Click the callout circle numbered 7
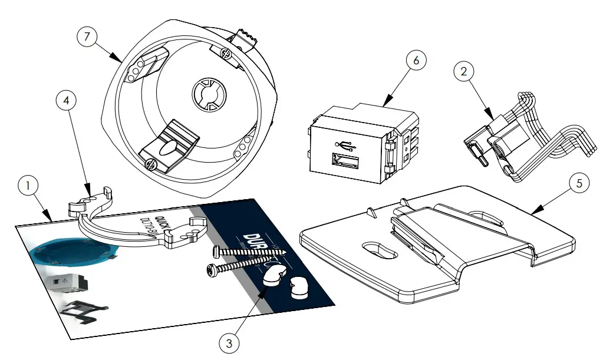coord(87,36)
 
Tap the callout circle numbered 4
coord(67,101)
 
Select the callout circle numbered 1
coord(27,186)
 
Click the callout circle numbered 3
coord(229,341)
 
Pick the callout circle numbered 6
coord(416,61)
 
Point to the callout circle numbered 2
coord(464,71)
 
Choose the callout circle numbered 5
coord(579,183)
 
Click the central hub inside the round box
coord(207,95)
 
